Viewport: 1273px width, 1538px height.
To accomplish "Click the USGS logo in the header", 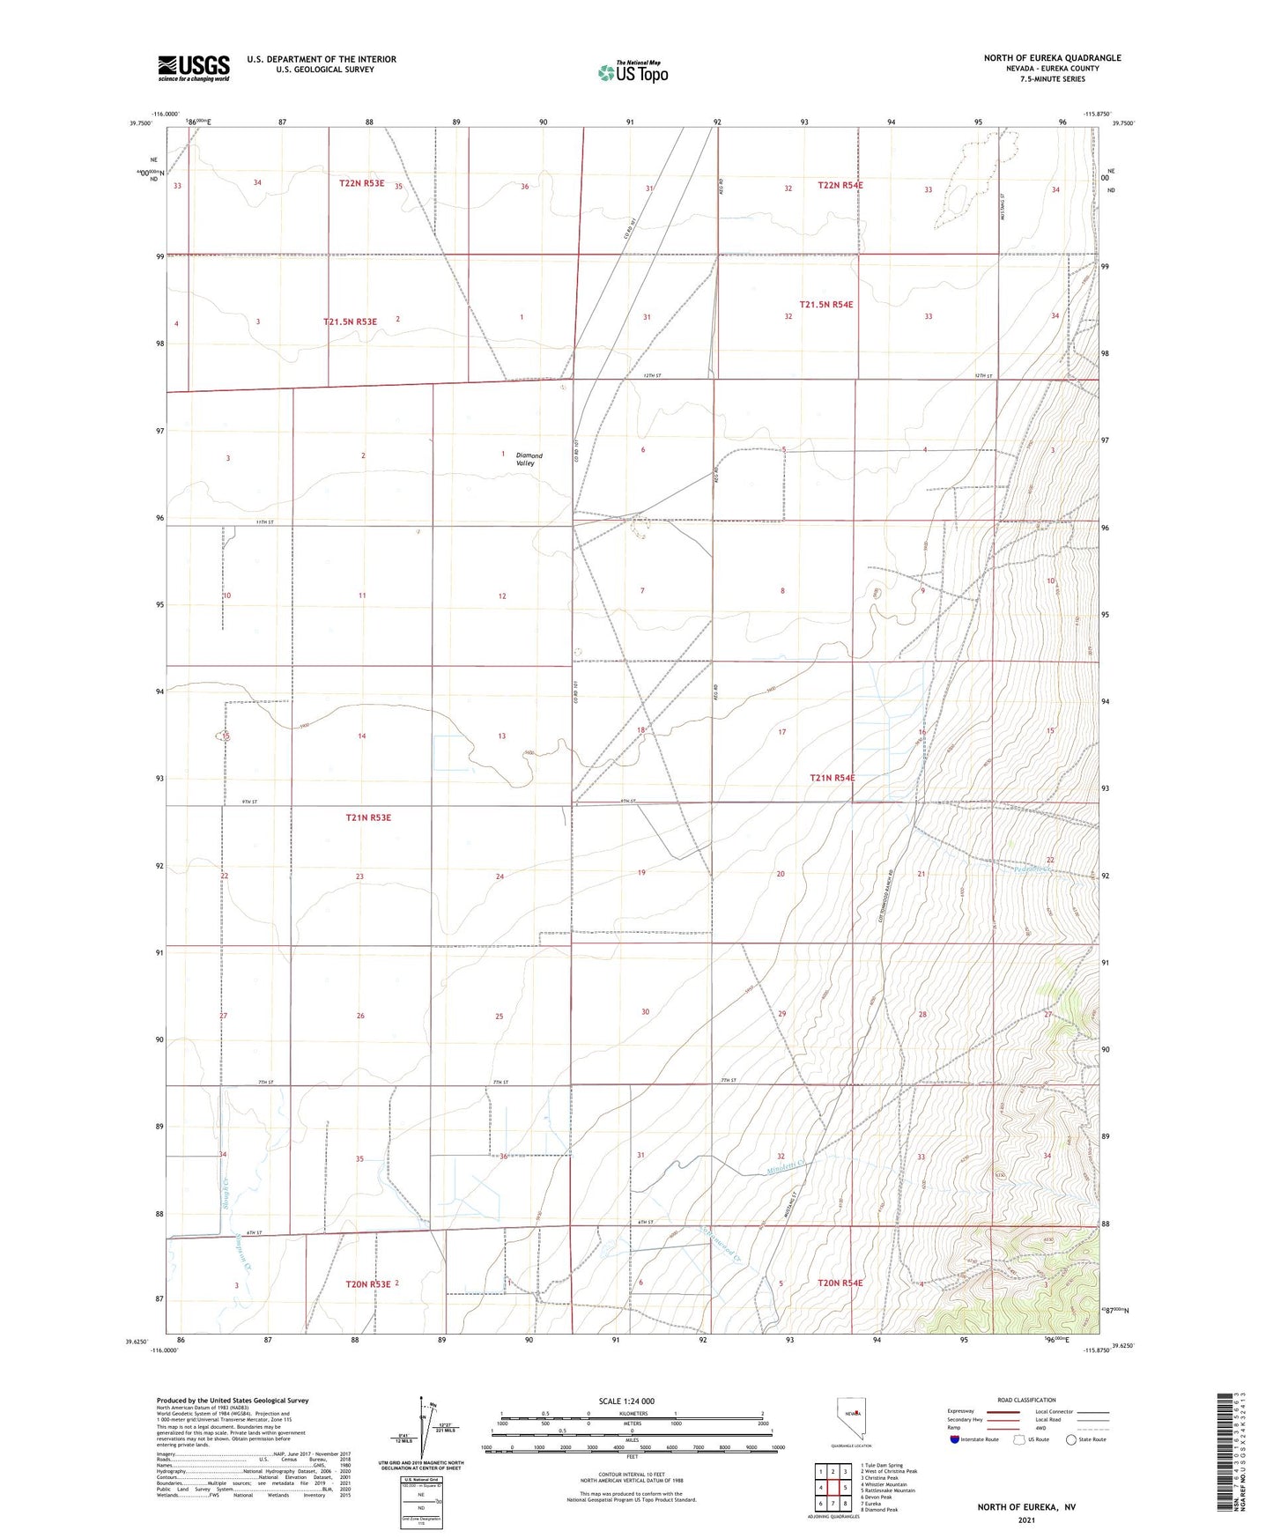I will tap(194, 67).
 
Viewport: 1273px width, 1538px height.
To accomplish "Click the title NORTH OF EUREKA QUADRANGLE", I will tap(1052, 58).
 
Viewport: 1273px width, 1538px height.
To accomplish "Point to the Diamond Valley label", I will tap(529, 459).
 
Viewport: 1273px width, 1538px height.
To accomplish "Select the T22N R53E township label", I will tap(361, 183).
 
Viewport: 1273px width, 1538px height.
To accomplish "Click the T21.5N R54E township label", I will tap(825, 304).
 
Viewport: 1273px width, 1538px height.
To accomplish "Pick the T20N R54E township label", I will tap(840, 1283).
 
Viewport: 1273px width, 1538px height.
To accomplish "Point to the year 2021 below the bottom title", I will tap(1025, 1520).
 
